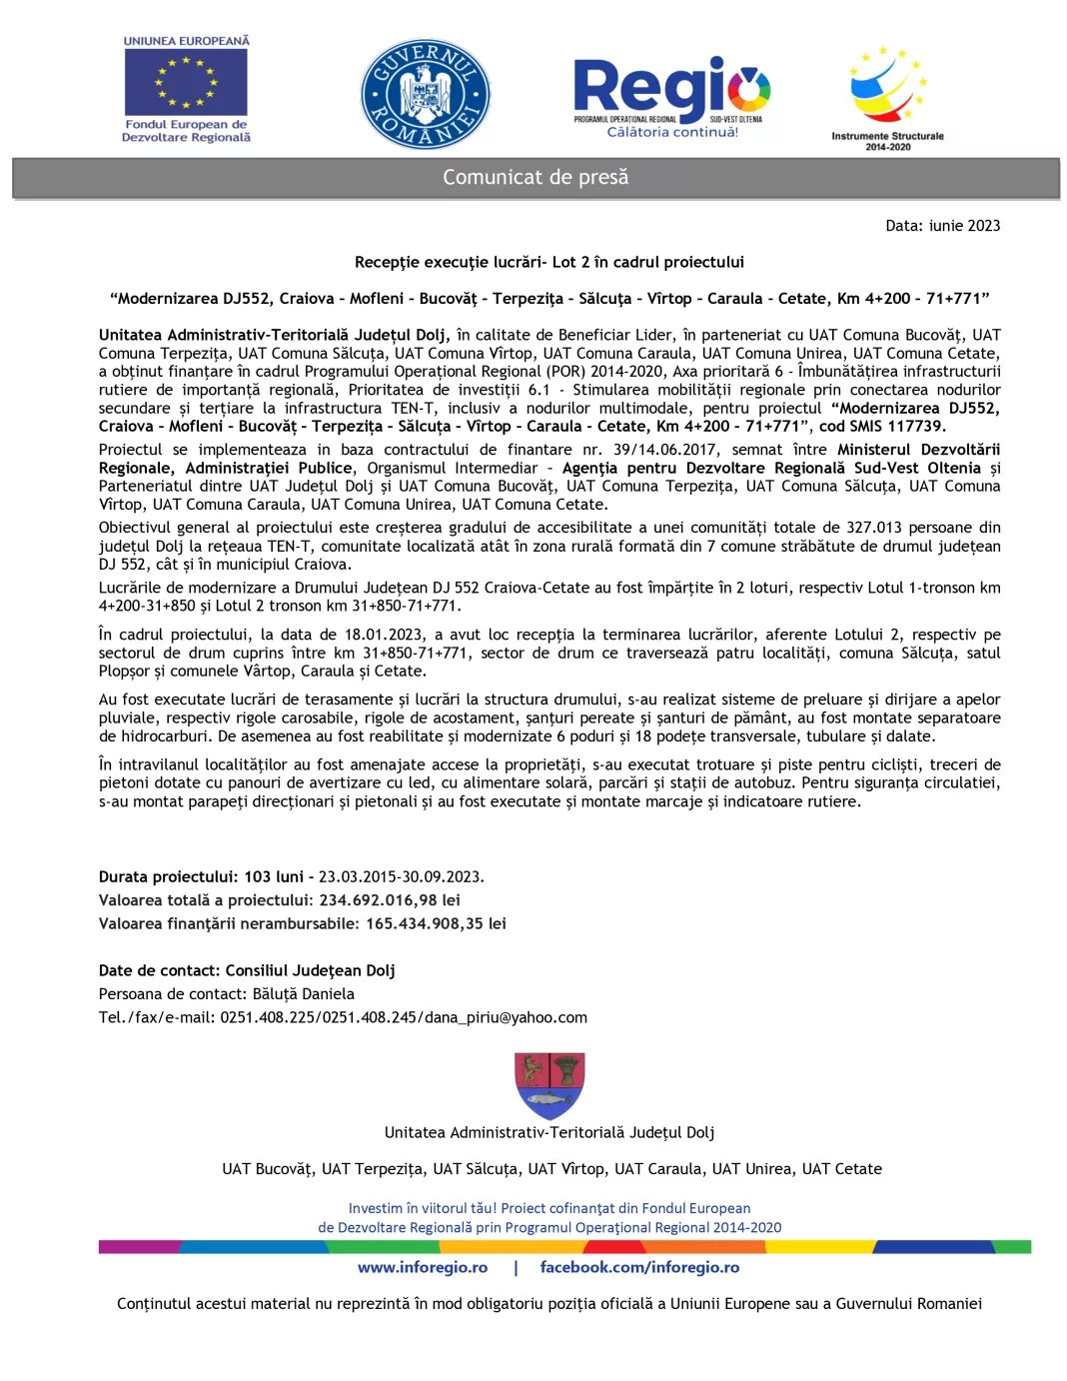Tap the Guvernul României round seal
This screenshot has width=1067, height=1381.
point(426,96)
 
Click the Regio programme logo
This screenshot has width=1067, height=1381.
point(671,88)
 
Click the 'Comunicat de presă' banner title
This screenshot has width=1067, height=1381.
point(535,178)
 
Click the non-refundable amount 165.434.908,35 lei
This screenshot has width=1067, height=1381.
point(436,923)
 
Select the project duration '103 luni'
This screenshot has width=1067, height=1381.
point(274,876)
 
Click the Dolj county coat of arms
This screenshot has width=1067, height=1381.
point(549,1085)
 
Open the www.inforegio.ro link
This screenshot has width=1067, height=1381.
point(423,1267)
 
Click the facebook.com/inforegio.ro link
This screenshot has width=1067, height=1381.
point(639,1267)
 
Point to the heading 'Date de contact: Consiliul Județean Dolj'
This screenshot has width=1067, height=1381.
point(247,970)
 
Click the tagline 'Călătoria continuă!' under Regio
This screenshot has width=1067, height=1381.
point(672,132)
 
